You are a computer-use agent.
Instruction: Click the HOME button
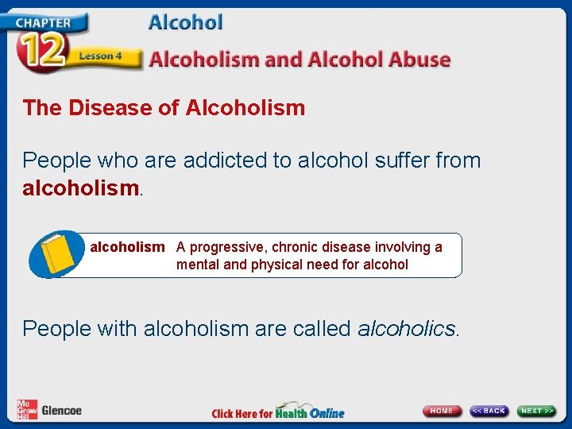[443, 411]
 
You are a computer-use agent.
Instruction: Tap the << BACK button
[489, 411]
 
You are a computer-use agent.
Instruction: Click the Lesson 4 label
[100, 56]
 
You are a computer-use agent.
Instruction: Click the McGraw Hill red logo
[27, 410]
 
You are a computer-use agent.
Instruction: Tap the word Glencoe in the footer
[61, 411]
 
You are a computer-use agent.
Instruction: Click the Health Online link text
[311, 412]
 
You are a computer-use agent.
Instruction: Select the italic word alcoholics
[408, 328]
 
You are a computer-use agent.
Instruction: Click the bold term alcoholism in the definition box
[127, 247]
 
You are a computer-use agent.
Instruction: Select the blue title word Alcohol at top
[186, 22]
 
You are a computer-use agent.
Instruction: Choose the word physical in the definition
[278, 265]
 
